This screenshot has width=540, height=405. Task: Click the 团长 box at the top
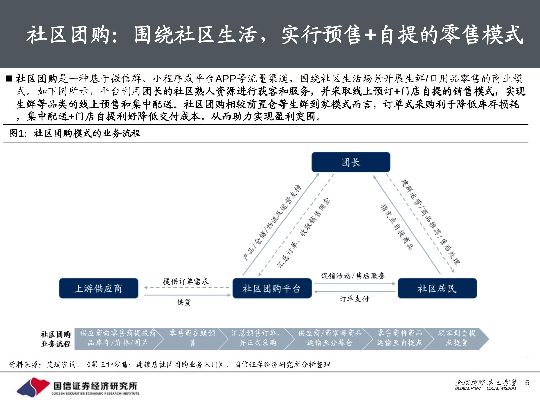tap(351, 162)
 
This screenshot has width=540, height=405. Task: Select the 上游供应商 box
tap(99, 288)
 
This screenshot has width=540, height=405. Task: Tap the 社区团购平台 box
tap(272, 288)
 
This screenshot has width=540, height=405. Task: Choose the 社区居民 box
tap(437, 288)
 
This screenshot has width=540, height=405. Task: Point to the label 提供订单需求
tap(186, 281)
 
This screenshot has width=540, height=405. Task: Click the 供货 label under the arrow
tap(184, 302)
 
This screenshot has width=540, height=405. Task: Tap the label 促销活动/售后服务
tap(353, 276)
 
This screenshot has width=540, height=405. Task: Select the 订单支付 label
tap(354, 299)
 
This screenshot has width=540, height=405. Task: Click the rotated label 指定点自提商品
tap(397, 227)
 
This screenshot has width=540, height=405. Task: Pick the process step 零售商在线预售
tap(192, 338)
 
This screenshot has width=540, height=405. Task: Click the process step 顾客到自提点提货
tap(457, 338)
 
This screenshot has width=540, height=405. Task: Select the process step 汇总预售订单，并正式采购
tap(255, 338)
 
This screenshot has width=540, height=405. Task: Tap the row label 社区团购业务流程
tap(56, 339)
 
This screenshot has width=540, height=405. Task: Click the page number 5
tap(527, 383)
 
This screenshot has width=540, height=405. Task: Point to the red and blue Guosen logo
tap(33, 387)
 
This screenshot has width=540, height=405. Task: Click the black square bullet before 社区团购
tap(9, 79)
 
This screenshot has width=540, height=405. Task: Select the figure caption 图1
tap(17, 133)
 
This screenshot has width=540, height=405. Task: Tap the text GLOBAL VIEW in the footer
tap(467, 388)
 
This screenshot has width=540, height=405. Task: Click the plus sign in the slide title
tap(370, 35)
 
